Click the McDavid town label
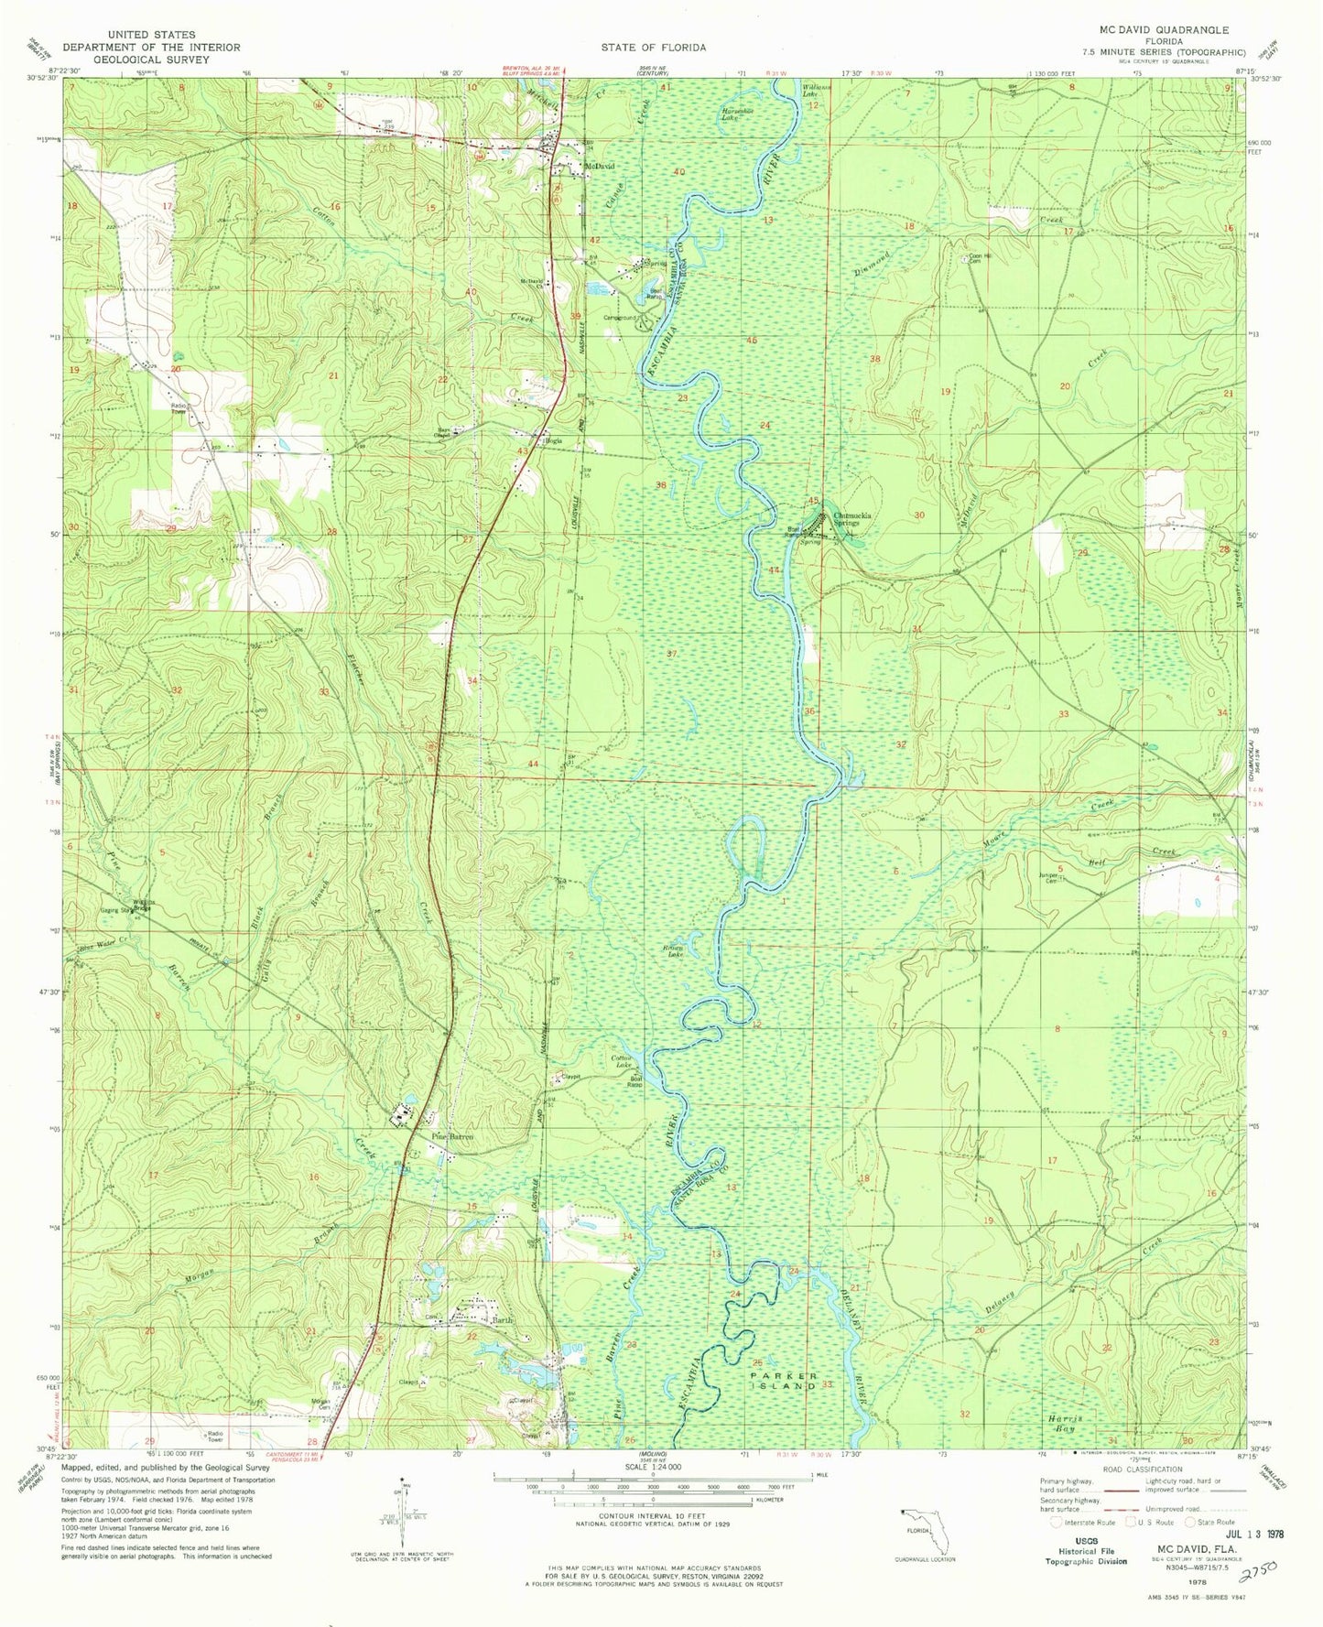[x=600, y=167]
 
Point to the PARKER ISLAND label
[x=783, y=1381]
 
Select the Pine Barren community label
[x=451, y=1137]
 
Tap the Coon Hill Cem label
[x=981, y=258]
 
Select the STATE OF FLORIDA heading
[x=653, y=48]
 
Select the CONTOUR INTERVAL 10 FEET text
[x=652, y=1517]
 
